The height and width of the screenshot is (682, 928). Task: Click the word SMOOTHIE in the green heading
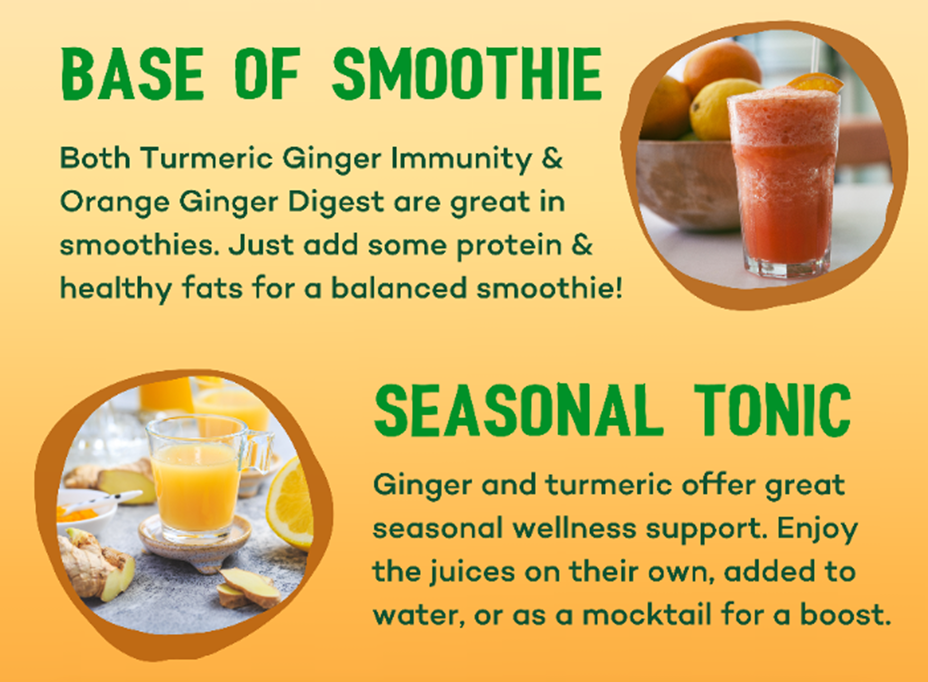pos(467,73)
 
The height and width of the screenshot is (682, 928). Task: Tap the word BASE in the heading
pos(132,73)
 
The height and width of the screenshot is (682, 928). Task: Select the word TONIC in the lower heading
pos(773,410)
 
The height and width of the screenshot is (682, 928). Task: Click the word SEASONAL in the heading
pos(518,410)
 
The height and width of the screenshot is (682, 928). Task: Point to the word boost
pos(845,615)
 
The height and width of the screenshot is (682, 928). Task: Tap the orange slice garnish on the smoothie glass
pos(815,83)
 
